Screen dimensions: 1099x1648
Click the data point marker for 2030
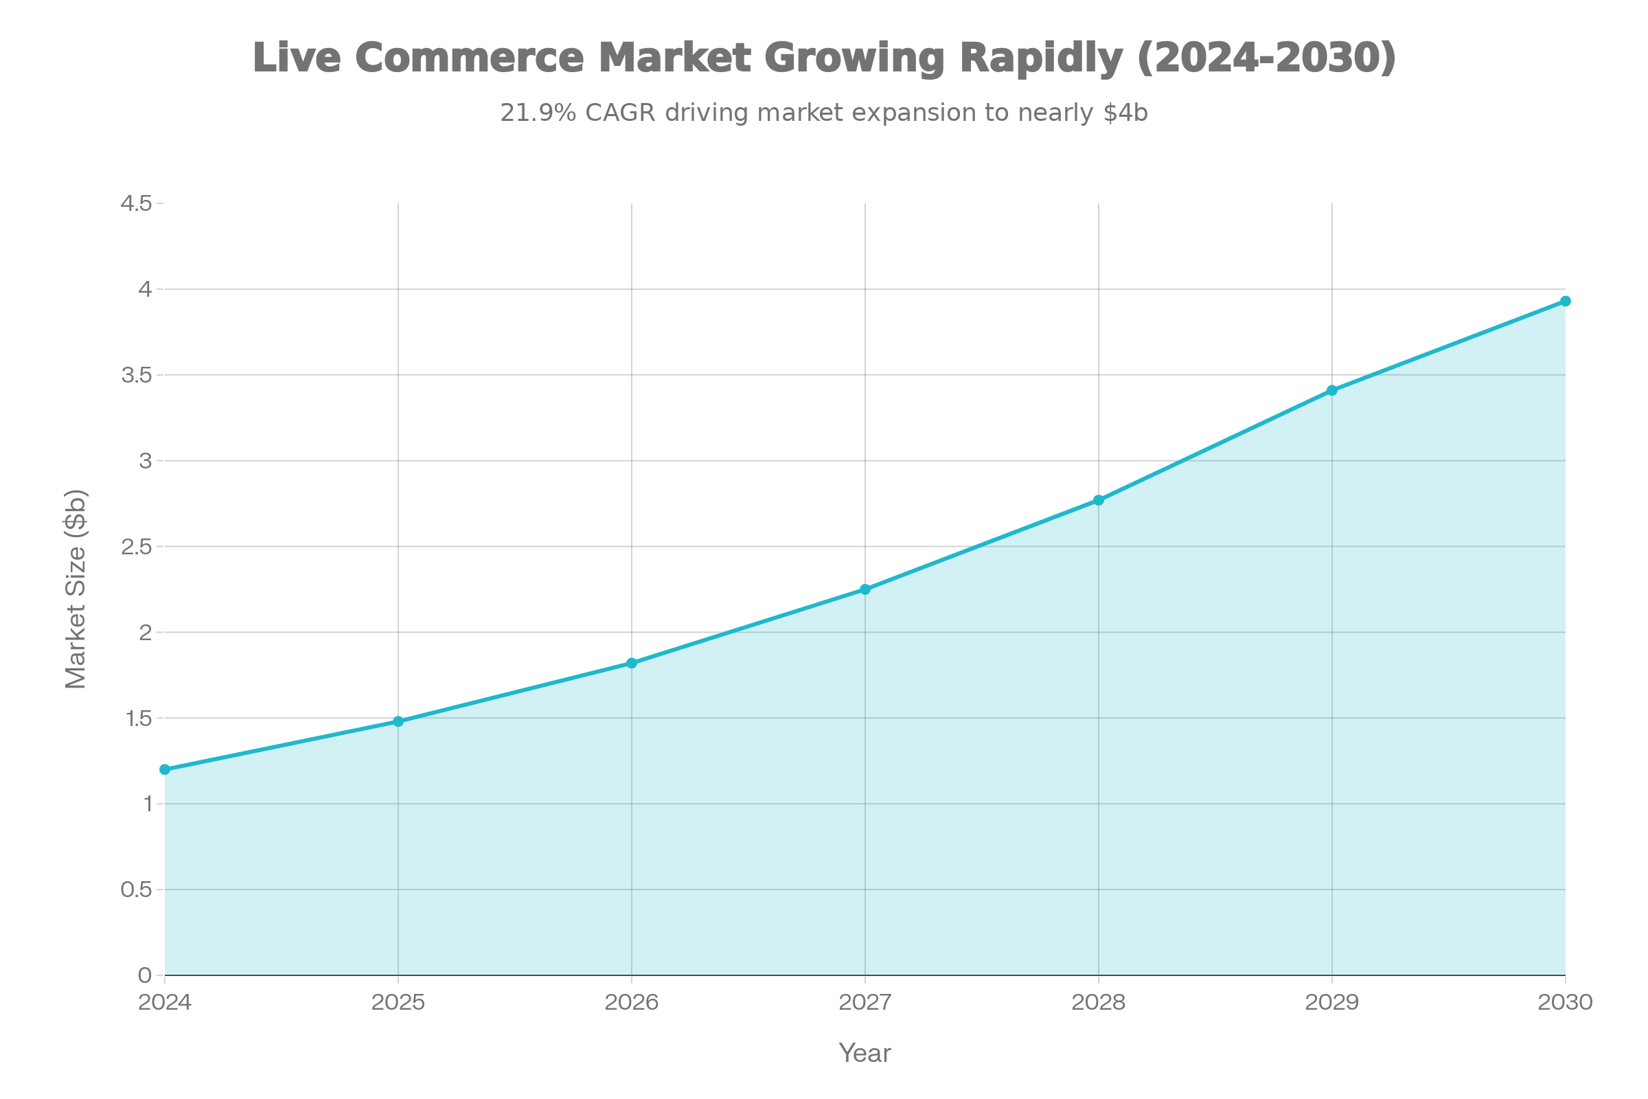click(1566, 302)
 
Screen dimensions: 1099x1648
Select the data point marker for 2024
click(165, 769)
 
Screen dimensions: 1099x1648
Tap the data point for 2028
click(1099, 500)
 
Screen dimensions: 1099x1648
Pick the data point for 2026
click(631, 662)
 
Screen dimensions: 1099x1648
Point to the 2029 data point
click(1332, 389)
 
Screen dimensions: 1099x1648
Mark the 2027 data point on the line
click(865, 589)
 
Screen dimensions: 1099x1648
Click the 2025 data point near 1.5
click(398, 721)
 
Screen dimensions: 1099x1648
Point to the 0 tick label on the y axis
click(144, 975)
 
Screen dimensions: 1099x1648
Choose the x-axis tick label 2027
click(865, 1003)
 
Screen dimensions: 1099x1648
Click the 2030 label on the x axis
click(1566, 1003)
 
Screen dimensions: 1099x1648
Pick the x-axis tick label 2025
click(398, 1003)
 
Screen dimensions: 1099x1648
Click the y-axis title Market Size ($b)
click(76, 589)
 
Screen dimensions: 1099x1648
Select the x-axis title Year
click(865, 1054)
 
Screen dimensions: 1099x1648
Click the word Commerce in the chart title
click(469, 58)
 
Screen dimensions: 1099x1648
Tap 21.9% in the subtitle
click(538, 113)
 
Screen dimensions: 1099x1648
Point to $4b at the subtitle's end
click(1125, 113)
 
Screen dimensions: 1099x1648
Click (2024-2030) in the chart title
click(1266, 58)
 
